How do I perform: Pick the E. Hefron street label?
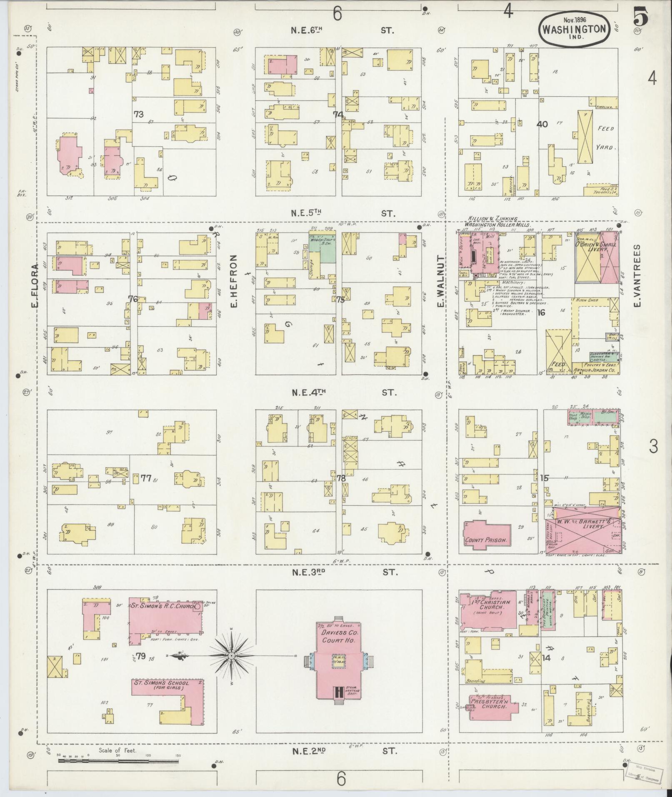click(233, 287)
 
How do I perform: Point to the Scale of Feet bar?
click(119, 761)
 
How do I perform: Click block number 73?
click(139, 114)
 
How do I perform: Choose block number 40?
click(542, 124)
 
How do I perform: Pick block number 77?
click(146, 478)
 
